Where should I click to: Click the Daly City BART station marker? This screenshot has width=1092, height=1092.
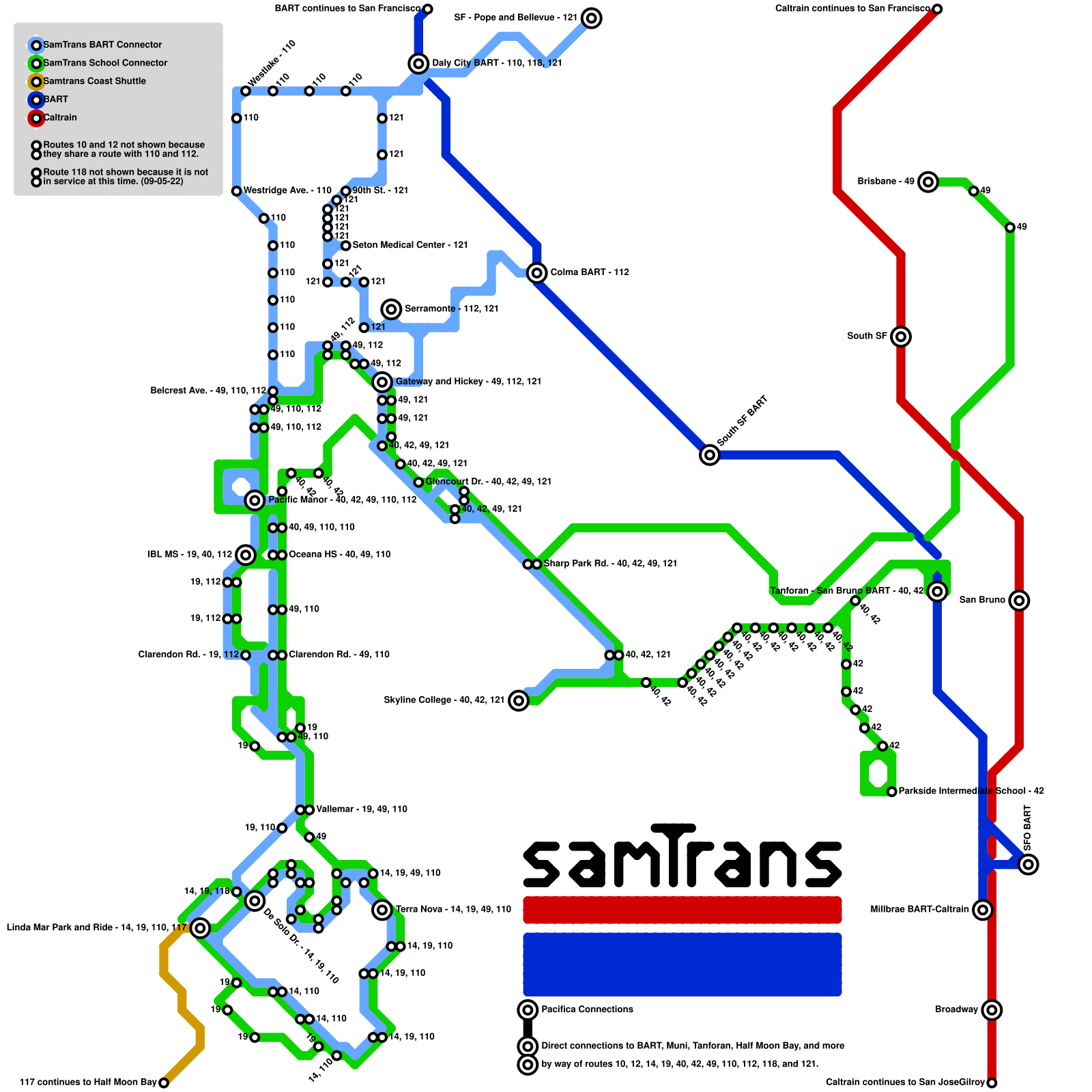[x=418, y=63]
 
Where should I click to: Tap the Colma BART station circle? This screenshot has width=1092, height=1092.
[x=537, y=273]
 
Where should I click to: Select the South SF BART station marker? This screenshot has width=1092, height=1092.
[x=710, y=455]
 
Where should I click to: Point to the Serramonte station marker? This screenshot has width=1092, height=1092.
[x=391, y=309]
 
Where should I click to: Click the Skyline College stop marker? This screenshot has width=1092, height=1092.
[x=519, y=700]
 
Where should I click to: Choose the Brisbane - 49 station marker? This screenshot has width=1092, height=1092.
[x=928, y=182]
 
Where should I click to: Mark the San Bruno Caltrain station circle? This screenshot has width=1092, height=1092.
[x=1019, y=601]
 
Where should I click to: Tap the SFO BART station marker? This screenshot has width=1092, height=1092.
[x=1029, y=865]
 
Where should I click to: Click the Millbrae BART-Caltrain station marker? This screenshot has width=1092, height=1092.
[x=982, y=910]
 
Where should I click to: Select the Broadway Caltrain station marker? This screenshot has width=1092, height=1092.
[x=992, y=1010]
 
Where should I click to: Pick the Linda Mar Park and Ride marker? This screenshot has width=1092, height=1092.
[x=200, y=928]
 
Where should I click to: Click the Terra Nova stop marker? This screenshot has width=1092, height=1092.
[x=382, y=910]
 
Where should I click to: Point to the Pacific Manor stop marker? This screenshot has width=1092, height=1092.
[x=255, y=500]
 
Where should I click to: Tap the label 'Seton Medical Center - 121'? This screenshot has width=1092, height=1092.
[x=409, y=245]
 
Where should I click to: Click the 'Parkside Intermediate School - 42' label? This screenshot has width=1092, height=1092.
[x=971, y=791]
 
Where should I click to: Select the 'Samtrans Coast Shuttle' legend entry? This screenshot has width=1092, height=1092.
[x=94, y=81]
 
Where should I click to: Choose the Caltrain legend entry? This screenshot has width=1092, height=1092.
[x=60, y=117]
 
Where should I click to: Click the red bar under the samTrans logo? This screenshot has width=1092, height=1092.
[x=682, y=910]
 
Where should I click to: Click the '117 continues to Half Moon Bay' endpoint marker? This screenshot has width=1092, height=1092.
[x=164, y=1082]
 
